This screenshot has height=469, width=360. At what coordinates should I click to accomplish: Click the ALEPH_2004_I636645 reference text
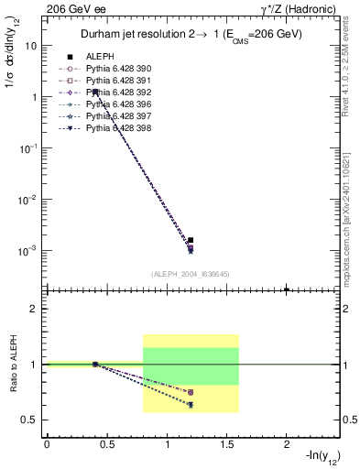click(191, 273)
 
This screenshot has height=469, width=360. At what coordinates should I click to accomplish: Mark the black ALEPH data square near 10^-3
click(191, 240)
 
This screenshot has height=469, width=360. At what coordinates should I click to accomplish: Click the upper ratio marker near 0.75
click(191, 392)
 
